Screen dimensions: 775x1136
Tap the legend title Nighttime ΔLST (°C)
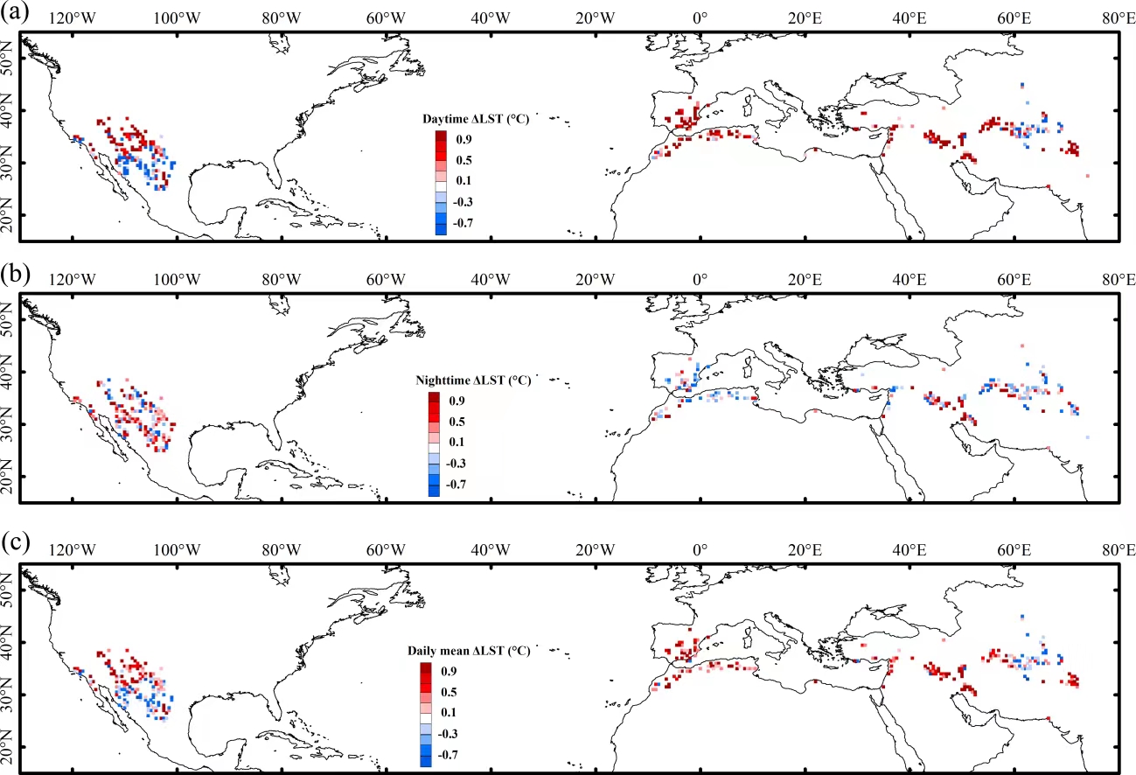pos(472,381)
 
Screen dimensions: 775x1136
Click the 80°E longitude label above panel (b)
pos(1119,281)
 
